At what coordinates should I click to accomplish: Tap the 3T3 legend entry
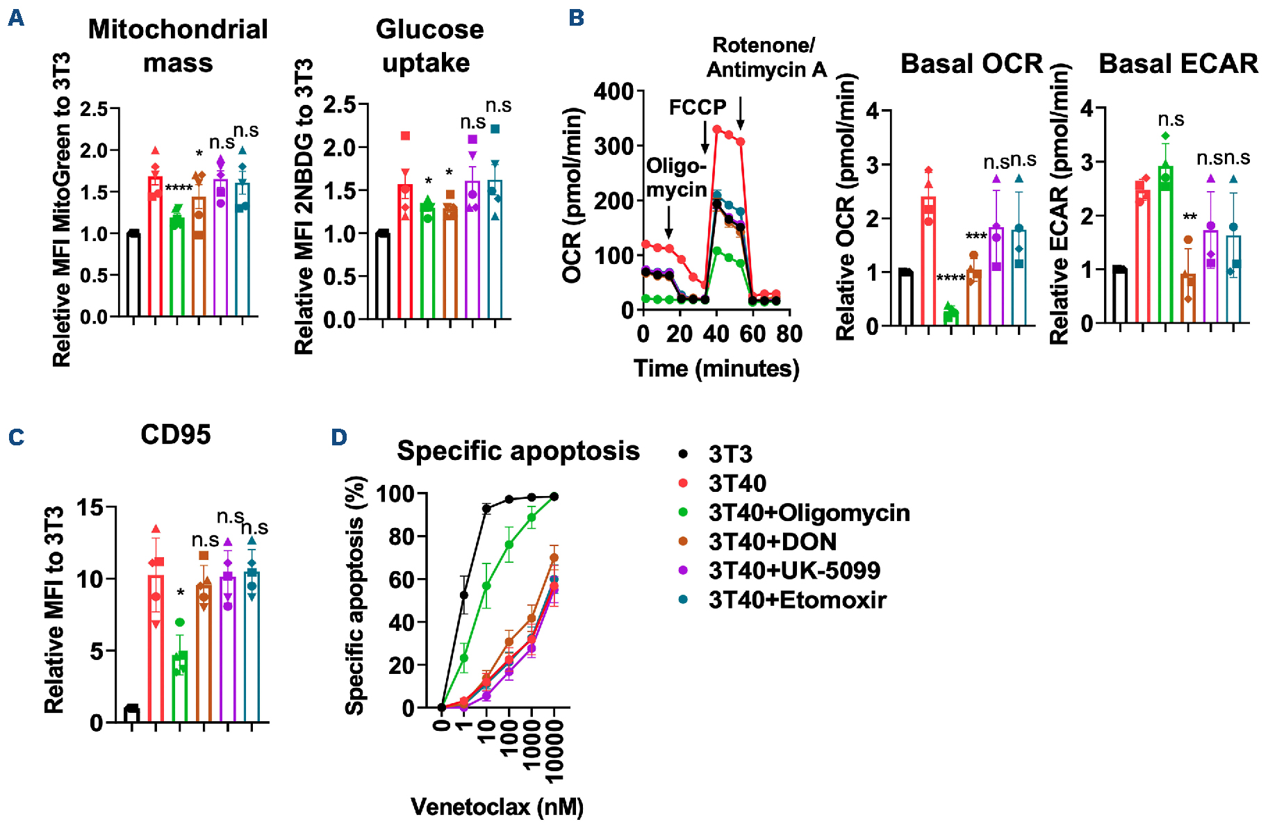click(x=730, y=454)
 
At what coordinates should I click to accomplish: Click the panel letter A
click(x=15, y=18)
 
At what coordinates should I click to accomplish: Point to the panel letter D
click(x=338, y=437)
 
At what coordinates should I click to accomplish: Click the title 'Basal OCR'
click(x=971, y=64)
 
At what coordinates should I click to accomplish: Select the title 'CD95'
click(x=175, y=435)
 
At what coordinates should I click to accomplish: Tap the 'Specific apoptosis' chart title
click(x=518, y=451)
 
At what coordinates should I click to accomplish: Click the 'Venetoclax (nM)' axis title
click(x=497, y=807)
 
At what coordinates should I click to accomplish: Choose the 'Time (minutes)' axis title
click(x=716, y=368)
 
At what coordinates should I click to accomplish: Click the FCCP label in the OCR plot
click(x=697, y=108)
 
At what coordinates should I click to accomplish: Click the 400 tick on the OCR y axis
click(x=614, y=92)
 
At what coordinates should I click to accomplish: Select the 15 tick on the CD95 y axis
click(x=90, y=508)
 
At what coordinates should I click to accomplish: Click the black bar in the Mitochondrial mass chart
click(x=133, y=274)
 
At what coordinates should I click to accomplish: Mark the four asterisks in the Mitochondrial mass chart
click(x=179, y=188)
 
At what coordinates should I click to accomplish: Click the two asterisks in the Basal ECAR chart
click(x=1189, y=217)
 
